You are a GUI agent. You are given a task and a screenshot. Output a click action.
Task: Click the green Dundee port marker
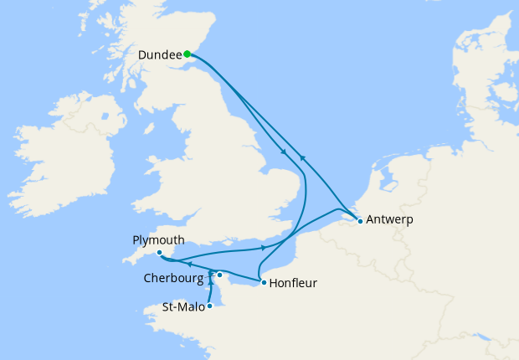(187, 54)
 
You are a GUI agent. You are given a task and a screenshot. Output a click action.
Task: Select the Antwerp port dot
(359, 221)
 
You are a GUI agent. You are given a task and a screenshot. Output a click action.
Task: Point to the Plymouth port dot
(159, 252)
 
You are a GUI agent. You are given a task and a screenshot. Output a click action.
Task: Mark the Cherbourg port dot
(219, 275)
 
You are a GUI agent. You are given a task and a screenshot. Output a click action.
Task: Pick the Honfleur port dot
(264, 282)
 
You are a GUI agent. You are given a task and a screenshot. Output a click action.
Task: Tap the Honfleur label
(293, 283)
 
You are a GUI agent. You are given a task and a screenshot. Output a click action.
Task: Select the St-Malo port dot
(209, 306)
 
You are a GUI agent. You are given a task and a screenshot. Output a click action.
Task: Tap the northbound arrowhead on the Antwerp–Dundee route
(303, 157)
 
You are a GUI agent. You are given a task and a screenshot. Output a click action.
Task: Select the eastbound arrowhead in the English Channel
(265, 247)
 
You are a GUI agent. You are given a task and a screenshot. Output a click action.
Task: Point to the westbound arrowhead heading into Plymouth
(189, 264)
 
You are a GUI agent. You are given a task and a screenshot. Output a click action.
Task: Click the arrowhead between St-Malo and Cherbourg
(210, 274)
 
